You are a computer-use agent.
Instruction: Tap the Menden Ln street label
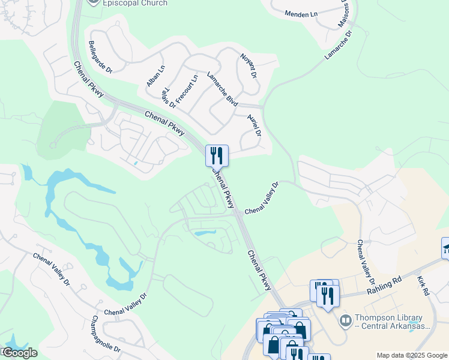301,14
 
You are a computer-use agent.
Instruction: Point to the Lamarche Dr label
338,44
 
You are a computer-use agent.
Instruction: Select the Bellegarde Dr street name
101,58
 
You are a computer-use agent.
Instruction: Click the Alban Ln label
155,76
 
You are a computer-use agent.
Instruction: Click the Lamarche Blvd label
222,89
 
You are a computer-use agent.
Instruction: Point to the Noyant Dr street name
249,67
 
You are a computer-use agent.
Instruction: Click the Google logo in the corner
19,353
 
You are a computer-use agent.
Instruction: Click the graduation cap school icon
446,247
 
